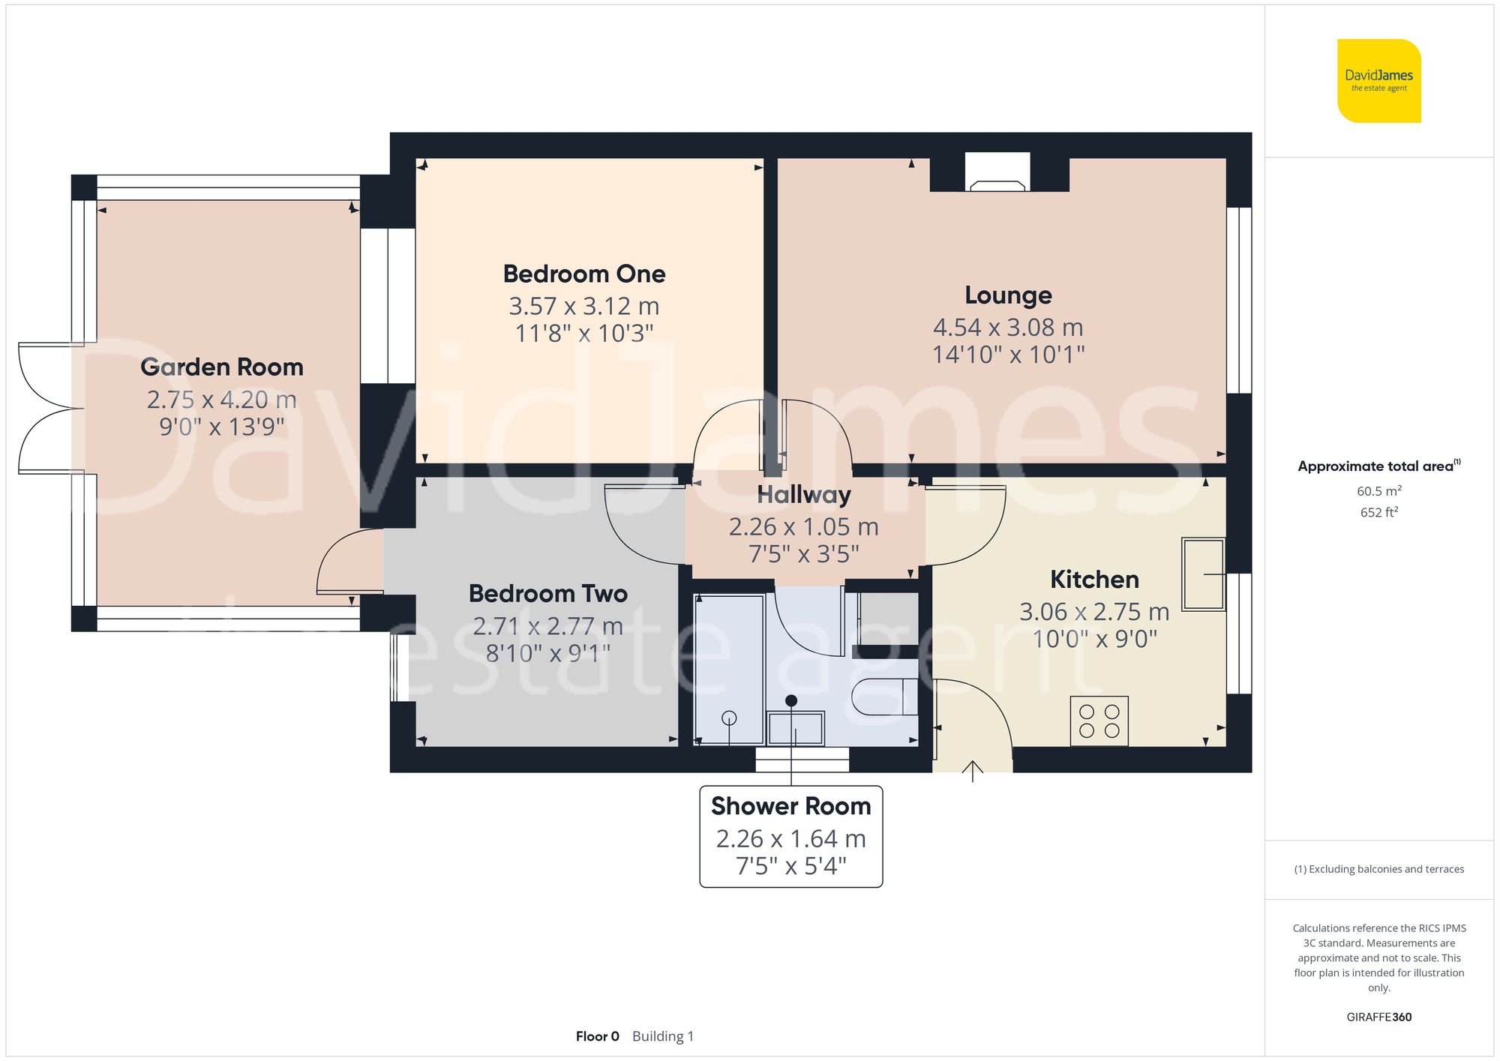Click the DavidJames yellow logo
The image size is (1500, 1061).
tap(1378, 81)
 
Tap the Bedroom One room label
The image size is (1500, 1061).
tap(583, 274)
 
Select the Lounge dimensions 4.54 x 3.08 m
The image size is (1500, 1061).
tap(1007, 327)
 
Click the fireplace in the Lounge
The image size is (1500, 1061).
tap(997, 174)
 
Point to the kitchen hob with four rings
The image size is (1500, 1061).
tap(1099, 721)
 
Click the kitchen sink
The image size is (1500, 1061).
tap(1202, 574)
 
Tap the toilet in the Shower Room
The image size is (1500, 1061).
tap(885, 697)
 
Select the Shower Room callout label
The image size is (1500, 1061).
tap(790, 836)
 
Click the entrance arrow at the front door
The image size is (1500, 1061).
tap(972, 770)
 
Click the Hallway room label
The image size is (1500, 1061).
tap(803, 495)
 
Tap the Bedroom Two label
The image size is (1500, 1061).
tap(547, 594)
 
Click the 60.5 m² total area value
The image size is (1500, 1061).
tap(1378, 491)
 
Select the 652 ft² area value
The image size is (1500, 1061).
tap(1378, 512)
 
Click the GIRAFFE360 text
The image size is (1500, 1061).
tap(1378, 1017)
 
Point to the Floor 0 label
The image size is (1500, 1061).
tap(597, 1036)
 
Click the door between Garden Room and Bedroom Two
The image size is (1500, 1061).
tap(349, 562)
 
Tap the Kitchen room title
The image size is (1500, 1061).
tap(1093, 580)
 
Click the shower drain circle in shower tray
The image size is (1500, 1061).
tap(729, 718)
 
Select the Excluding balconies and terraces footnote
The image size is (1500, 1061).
tap(1378, 869)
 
